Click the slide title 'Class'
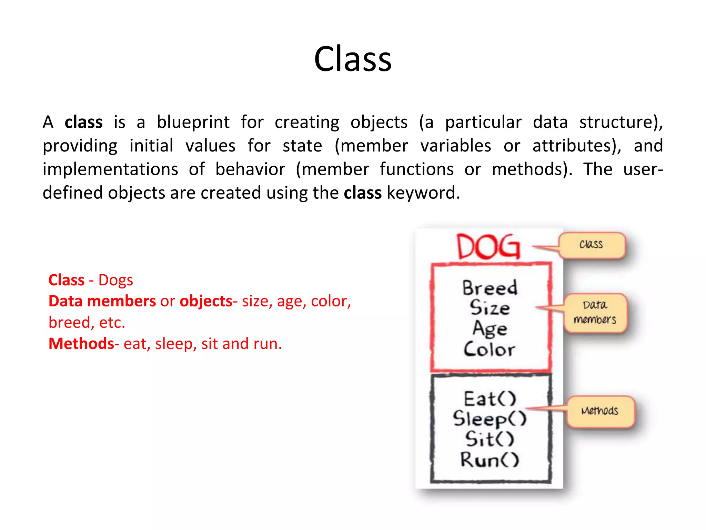pyautogui.click(x=353, y=59)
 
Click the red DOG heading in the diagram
pyautogui.click(x=488, y=246)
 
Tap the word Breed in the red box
pyautogui.click(x=490, y=288)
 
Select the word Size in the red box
pyautogui.click(x=490, y=308)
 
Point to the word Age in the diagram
pyautogui.click(x=490, y=329)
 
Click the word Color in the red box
pyautogui.click(x=489, y=349)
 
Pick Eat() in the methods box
pyautogui.click(x=490, y=399)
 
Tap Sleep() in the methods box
pyautogui.click(x=490, y=419)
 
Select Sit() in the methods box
pyautogui.click(x=490, y=439)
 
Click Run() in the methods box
pyautogui.click(x=490, y=460)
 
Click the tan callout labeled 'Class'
pyautogui.click(x=592, y=245)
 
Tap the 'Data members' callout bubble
pyautogui.click(x=595, y=313)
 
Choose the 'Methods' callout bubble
pyautogui.click(x=600, y=411)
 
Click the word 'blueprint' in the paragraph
pyautogui.click(x=193, y=122)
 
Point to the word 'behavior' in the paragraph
pyautogui.click(x=250, y=169)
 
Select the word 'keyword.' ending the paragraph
pyautogui.click(x=423, y=193)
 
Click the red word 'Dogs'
pyautogui.click(x=115, y=280)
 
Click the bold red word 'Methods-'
pyautogui.click(x=84, y=344)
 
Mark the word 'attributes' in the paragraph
pyautogui.click(x=576, y=146)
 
